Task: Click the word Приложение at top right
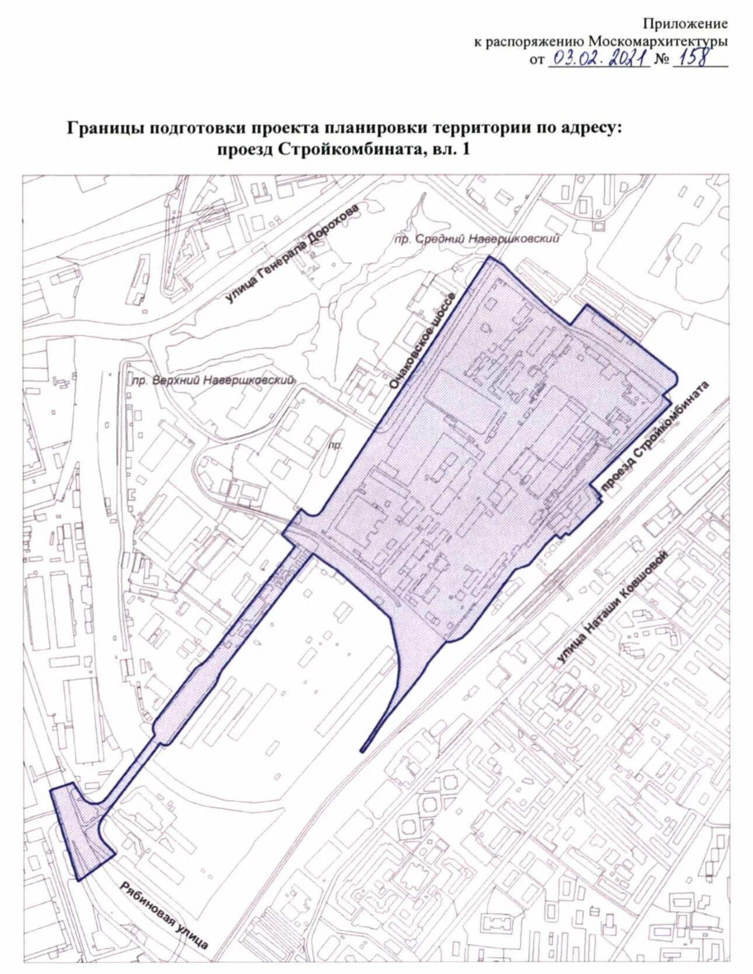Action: [x=685, y=24]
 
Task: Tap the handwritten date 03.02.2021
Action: [x=598, y=58]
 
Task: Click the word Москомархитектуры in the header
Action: [x=658, y=41]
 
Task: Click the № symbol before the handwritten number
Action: [x=662, y=60]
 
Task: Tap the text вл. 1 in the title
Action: [x=450, y=149]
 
